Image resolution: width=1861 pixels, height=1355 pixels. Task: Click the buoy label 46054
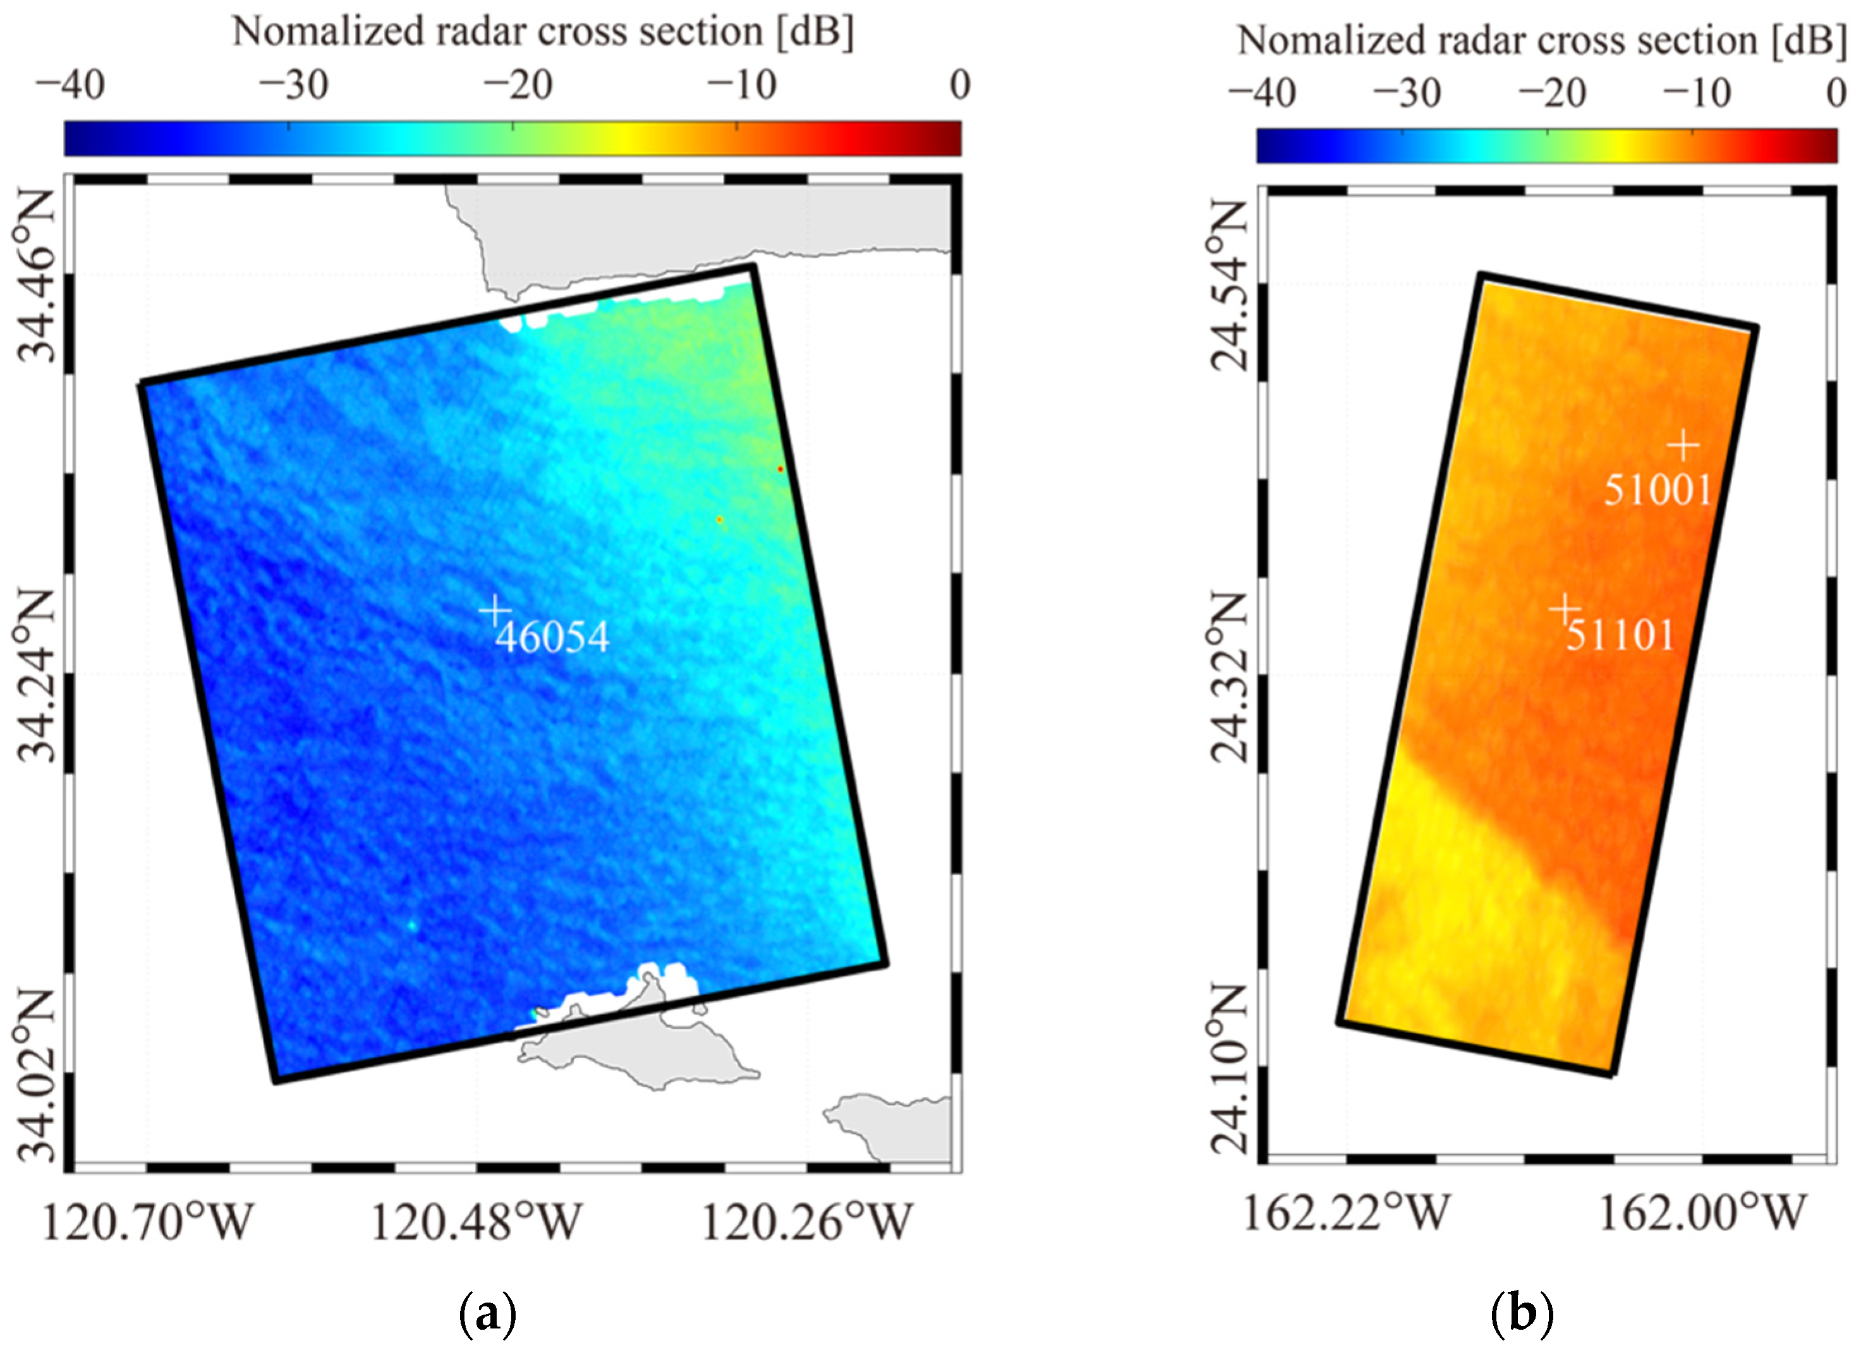click(552, 637)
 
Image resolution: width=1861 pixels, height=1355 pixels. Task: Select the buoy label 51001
click(1657, 490)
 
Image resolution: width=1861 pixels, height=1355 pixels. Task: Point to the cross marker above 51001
click(1683, 446)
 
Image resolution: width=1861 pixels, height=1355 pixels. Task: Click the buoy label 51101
click(1619, 635)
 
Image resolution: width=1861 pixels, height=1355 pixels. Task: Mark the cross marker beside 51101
click(1564, 608)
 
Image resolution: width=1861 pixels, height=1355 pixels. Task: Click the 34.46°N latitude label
click(36, 277)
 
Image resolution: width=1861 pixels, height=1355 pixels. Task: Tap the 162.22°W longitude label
click(1347, 1213)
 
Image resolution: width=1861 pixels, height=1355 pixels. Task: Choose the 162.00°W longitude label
click(1702, 1213)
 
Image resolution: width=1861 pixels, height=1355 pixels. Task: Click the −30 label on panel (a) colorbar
click(294, 85)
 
